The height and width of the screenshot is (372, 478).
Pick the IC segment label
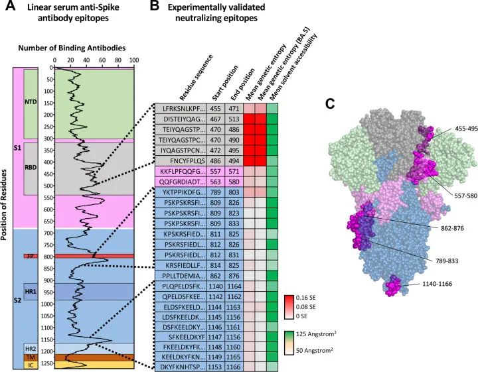point(29,365)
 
